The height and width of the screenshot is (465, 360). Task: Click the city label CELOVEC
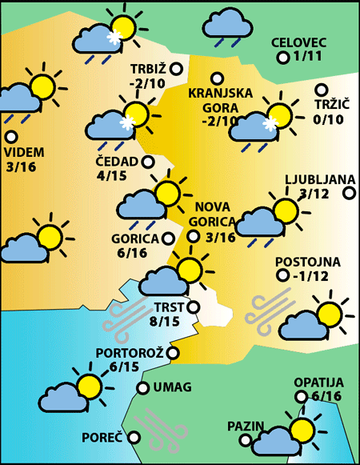tap(298, 42)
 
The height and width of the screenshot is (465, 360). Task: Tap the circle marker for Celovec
tap(282, 58)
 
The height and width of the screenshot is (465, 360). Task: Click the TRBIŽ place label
tap(149, 68)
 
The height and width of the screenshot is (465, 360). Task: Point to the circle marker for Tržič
tap(322, 90)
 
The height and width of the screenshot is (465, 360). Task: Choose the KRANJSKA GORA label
tap(215, 99)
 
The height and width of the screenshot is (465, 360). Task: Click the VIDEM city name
tap(24, 152)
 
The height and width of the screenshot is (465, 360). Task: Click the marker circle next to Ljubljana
tap(349, 193)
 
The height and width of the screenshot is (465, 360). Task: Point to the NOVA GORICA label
tap(214, 213)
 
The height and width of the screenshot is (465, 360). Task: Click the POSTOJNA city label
tap(308, 262)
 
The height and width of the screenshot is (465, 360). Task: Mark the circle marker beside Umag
tap(142, 388)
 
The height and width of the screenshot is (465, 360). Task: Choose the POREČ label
tap(102, 438)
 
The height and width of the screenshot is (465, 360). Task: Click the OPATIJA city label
tap(318, 383)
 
